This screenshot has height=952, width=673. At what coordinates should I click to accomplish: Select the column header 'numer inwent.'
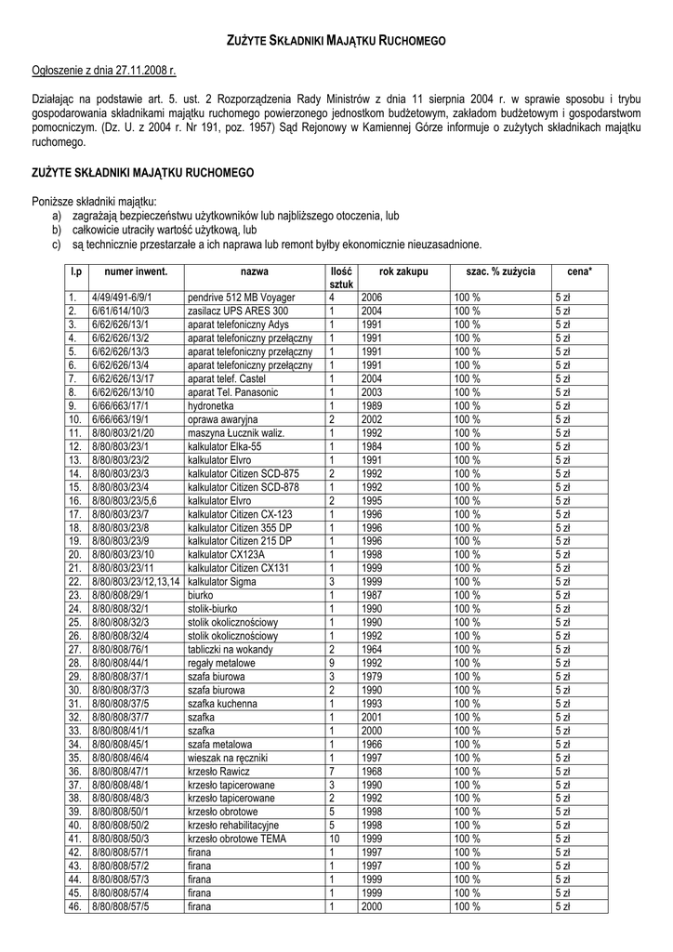tap(136, 271)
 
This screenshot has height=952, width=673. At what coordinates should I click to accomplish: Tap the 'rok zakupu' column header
tap(404, 271)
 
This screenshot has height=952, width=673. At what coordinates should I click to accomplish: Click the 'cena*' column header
tap(579, 271)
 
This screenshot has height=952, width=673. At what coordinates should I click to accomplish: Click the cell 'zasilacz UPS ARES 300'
tap(238, 311)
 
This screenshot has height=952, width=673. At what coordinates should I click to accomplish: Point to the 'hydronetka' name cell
tap(211, 406)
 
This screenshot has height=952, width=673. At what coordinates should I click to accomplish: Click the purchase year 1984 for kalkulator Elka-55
tap(372, 447)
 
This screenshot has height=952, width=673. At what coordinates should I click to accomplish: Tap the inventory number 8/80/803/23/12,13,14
tap(136, 581)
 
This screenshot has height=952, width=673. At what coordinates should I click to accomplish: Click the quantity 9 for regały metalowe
tap(331, 663)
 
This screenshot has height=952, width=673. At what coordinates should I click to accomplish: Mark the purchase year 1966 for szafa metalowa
tap(372, 745)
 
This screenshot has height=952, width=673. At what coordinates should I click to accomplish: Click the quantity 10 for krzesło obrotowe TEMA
tap(334, 839)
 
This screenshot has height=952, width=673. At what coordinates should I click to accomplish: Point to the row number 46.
tap(75, 906)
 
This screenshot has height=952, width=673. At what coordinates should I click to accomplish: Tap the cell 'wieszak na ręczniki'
tap(229, 758)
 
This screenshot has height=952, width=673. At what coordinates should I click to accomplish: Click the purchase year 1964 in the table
tap(372, 649)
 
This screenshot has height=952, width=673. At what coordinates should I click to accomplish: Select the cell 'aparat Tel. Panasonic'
tap(233, 392)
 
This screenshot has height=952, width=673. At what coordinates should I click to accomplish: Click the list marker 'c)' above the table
tap(57, 245)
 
